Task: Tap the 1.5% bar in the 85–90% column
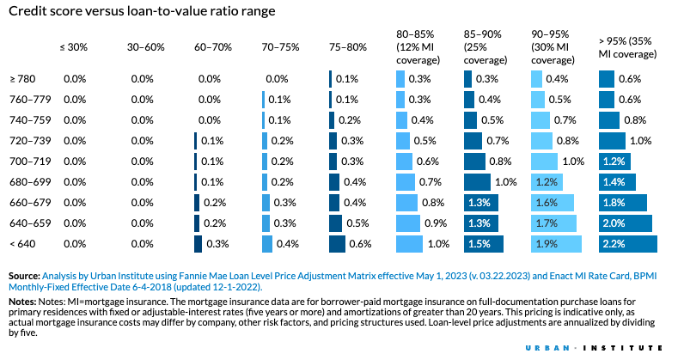coord(485,244)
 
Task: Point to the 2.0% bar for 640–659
coord(626,223)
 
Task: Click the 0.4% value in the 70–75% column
coord(287,244)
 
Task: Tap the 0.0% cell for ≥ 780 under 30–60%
coord(142,78)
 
